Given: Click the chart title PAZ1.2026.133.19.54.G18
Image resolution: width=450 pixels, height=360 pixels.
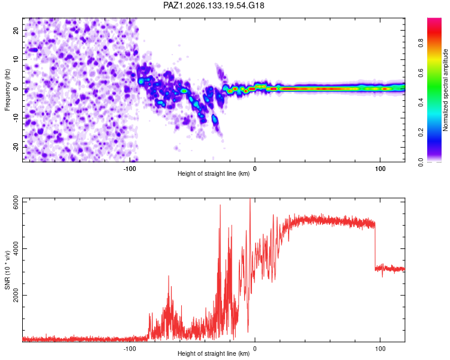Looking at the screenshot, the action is [x=214, y=5].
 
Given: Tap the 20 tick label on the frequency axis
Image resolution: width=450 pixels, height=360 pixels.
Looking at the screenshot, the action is [x=16, y=30].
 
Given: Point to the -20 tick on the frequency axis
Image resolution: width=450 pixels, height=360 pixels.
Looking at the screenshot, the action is [x=16, y=147].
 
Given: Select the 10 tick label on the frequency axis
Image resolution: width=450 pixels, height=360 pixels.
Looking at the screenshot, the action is [x=16, y=59].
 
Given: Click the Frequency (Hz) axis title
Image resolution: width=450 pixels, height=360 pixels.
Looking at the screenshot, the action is [x=7, y=90].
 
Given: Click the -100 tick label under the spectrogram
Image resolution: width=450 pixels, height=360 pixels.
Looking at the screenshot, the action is [x=130, y=169].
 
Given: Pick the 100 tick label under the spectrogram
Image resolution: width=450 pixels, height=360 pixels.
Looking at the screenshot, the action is [x=380, y=169].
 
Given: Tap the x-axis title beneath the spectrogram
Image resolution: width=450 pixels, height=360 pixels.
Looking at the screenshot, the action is [x=214, y=173].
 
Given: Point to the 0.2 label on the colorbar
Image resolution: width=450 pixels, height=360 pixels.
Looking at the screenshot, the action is [x=421, y=133].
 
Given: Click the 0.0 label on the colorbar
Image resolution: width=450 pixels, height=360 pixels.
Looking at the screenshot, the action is [x=421, y=162].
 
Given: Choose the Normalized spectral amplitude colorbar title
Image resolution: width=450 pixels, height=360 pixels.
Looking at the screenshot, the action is [x=445, y=90].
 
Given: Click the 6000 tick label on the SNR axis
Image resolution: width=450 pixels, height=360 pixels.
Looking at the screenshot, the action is [x=16, y=202].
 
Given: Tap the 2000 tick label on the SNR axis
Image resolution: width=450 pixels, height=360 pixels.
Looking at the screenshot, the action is [x=16, y=295].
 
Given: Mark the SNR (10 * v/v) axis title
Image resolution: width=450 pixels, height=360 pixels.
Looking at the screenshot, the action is [x=7, y=270].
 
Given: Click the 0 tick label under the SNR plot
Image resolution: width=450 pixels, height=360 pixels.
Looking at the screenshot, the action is [x=254, y=349].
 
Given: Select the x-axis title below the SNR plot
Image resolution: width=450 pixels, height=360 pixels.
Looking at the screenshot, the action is [x=214, y=353].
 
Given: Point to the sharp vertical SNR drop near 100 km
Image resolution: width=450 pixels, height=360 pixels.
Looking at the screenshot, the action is [x=375, y=247].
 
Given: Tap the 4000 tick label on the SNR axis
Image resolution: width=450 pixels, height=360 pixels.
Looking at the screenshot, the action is [x=16, y=248].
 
